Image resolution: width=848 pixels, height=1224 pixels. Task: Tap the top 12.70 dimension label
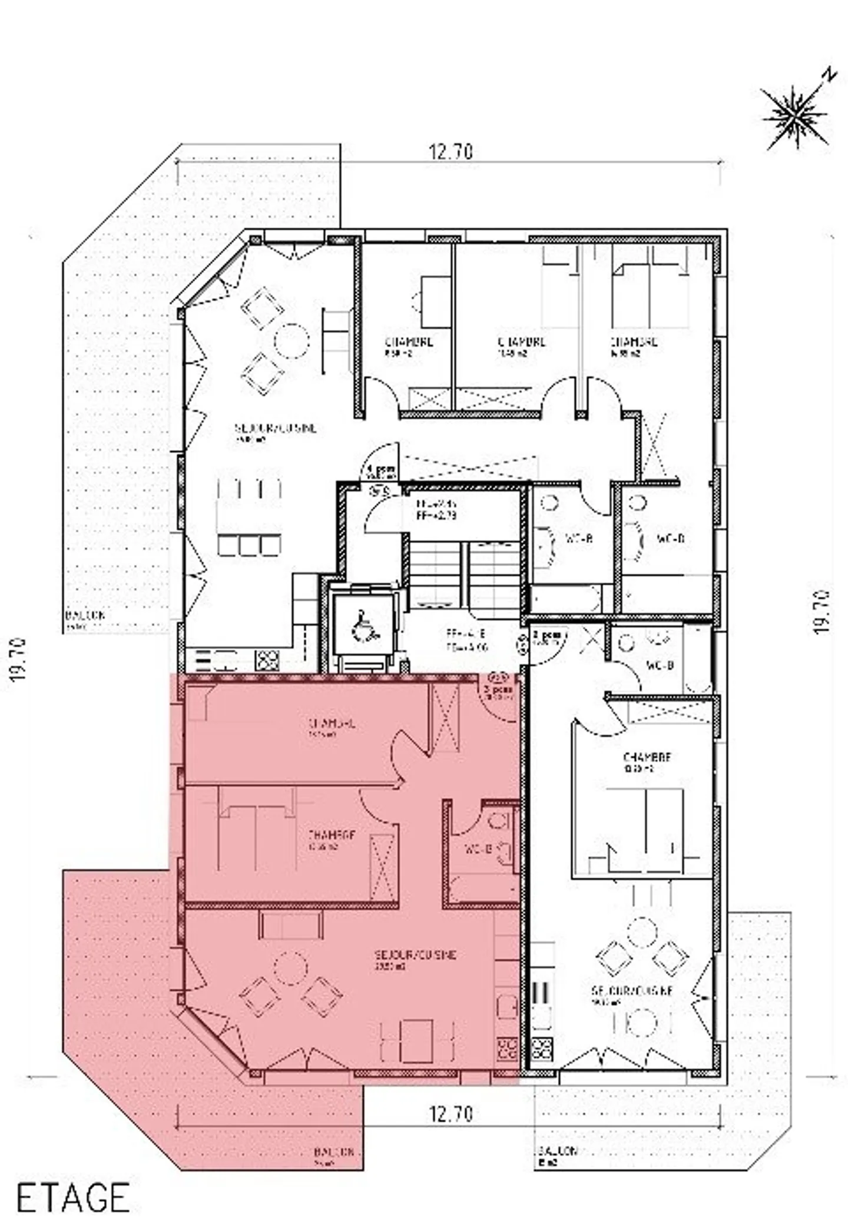coord(450,152)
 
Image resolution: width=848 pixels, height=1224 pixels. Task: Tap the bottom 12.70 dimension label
coord(450,1114)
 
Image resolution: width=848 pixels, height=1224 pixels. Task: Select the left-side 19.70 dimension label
coord(19,659)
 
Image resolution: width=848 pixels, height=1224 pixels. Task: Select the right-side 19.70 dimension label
coord(823,612)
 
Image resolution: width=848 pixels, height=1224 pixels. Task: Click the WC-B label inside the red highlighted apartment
coord(478,849)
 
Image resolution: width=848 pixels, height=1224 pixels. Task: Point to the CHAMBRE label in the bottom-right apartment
coord(647,757)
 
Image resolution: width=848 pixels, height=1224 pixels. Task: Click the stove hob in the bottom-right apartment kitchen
coord(542,1046)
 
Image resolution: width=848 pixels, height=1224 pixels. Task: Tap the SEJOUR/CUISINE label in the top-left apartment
coord(275,428)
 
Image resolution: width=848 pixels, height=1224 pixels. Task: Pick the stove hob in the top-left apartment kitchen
coord(267,660)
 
